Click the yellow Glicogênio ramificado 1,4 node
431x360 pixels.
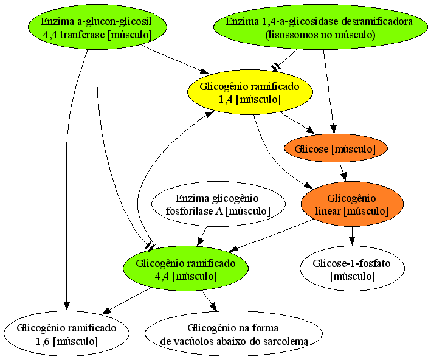click(x=250, y=92)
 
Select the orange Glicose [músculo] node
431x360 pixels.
click(x=336, y=148)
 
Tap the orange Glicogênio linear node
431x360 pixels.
click(x=352, y=204)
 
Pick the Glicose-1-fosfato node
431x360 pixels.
click(x=352, y=269)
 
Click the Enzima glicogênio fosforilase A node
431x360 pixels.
click(x=218, y=204)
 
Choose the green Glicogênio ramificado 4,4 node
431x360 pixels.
click(x=185, y=269)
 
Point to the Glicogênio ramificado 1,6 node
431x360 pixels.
click(x=66, y=334)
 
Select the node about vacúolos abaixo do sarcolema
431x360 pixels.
click(x=233, y=334)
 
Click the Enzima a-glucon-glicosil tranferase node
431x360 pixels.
click(x=97, y=27)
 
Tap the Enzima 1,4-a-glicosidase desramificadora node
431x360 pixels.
click(x=320, y=27)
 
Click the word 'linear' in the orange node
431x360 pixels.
click(x=328, y=211)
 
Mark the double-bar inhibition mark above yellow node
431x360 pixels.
click(x=276, y=67)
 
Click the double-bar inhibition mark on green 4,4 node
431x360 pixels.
click(x=150, y=246)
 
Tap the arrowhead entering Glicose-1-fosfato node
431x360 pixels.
click(x=352, y=241)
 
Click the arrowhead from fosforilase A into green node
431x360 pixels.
click(x=200, y=242)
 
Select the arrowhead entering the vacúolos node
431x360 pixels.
click(x=213, y=306)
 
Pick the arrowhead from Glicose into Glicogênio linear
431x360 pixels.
click(x=344, y=176)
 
